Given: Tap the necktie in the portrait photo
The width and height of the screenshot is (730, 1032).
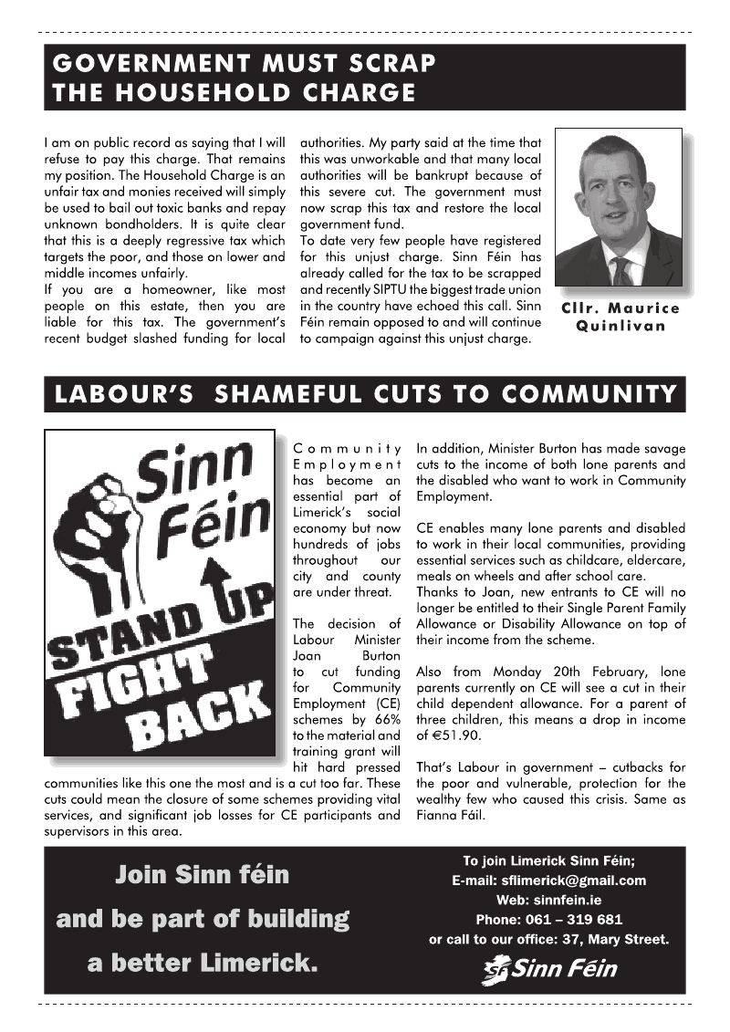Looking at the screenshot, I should (622, 270).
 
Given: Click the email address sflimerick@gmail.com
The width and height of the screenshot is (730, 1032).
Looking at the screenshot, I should (574, 881).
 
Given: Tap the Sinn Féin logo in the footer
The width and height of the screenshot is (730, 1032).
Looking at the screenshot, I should (548, 969).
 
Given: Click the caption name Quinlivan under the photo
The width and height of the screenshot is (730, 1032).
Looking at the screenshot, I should (620, 327).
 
